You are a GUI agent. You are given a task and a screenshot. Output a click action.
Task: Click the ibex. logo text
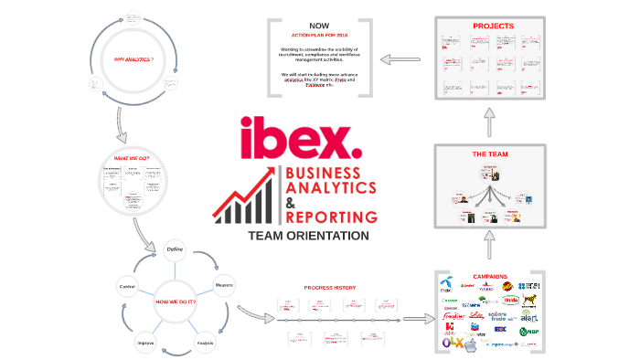(303, 140)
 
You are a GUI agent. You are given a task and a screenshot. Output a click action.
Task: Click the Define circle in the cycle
(175, 249)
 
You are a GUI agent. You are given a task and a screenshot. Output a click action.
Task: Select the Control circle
(127, 287)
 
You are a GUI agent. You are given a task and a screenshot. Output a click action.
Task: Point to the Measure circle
(223, 286)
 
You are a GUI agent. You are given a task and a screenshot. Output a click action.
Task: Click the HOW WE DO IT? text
(176, 302)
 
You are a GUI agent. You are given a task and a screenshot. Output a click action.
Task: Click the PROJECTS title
(492, 26)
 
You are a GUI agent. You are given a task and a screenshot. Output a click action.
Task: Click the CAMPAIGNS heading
(490, 276)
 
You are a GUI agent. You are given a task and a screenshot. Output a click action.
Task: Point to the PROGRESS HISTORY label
(330, 288)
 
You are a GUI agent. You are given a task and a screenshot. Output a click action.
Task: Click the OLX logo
(452, 345)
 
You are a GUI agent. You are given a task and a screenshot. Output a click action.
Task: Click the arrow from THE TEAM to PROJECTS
(491, 120)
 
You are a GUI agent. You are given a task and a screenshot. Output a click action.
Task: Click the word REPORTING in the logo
(331, 217)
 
